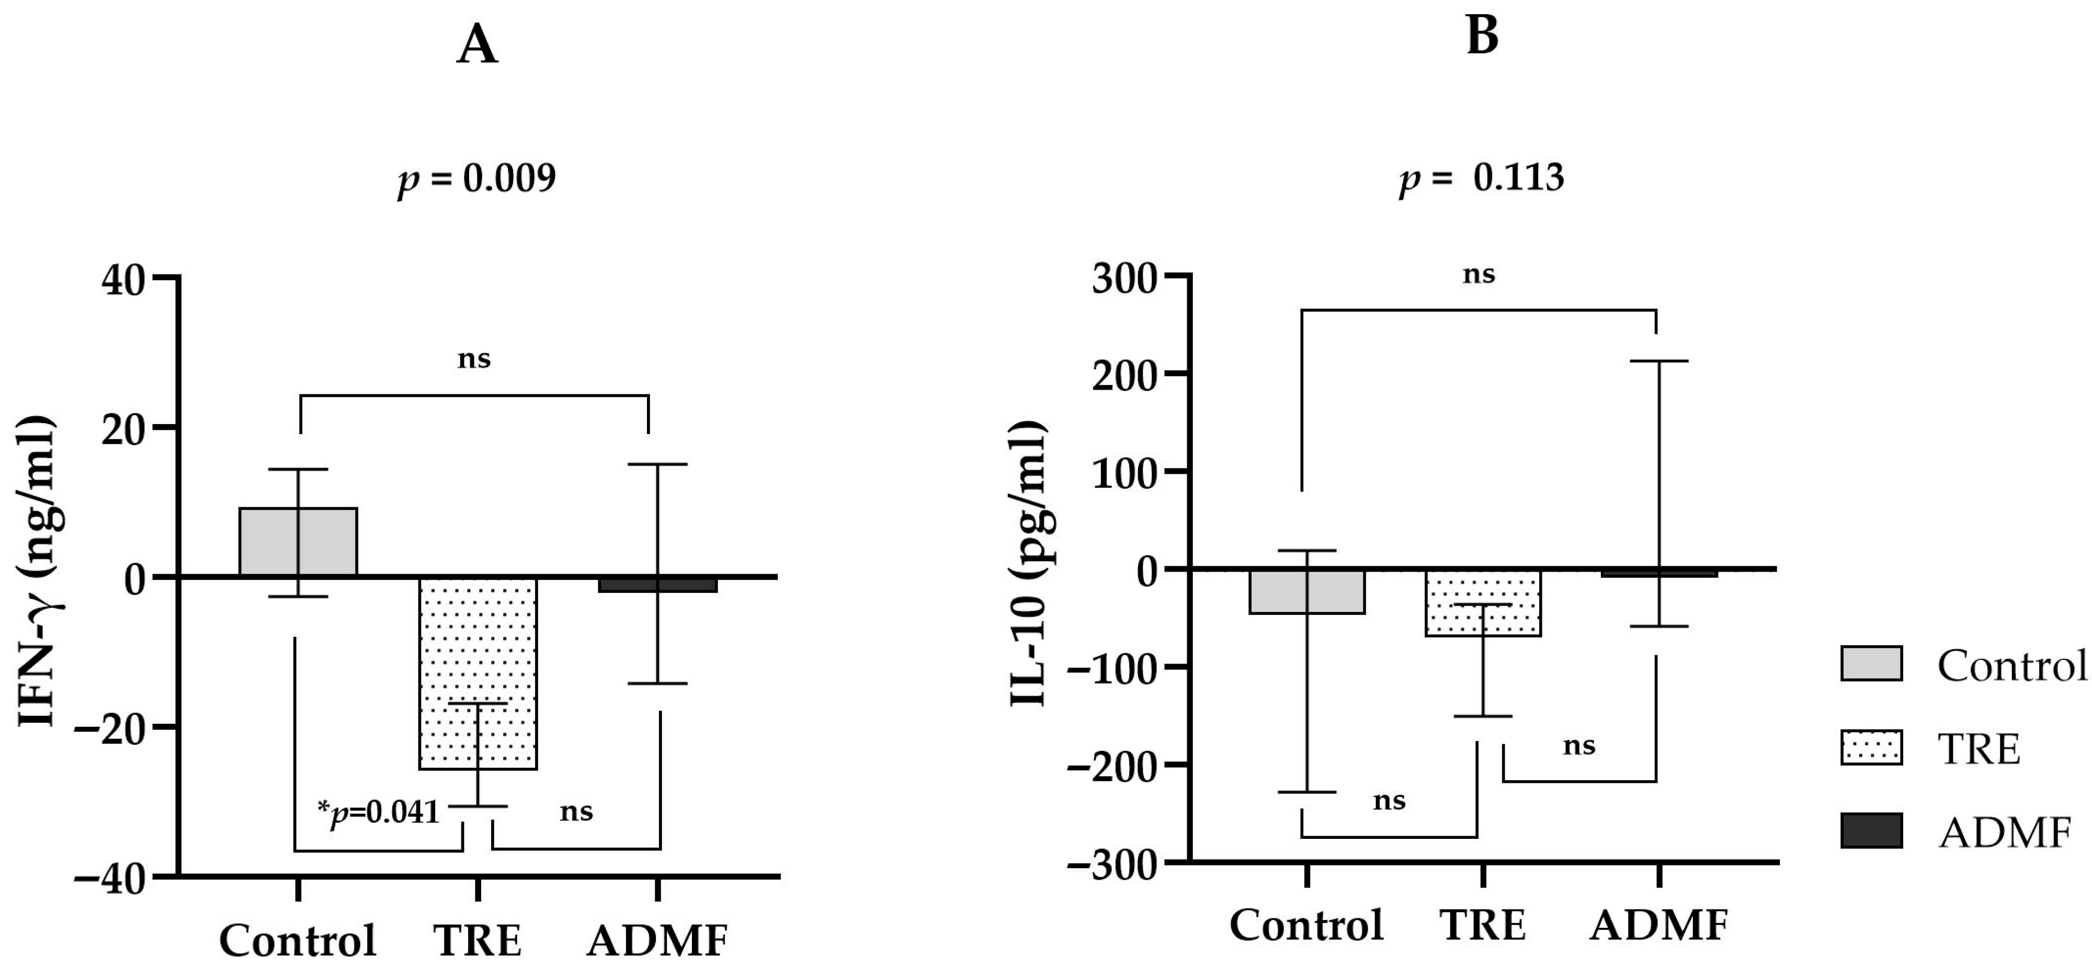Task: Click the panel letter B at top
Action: pyautogui.click(x=1482, y=37)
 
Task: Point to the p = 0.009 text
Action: pyautogui.click(x=476, y=179)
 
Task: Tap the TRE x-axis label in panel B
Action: pyautogui.click(x=1483, y=925)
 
